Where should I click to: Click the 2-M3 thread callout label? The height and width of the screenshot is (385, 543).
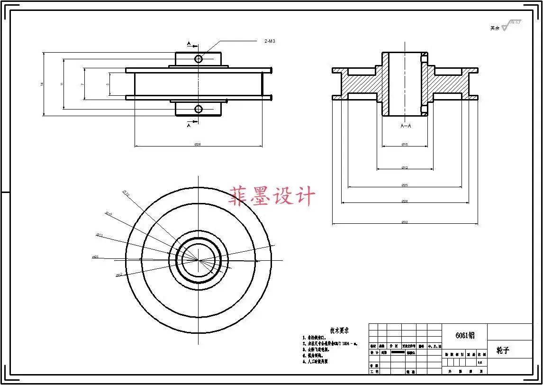[270, 41]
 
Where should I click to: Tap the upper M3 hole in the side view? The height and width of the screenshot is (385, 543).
[199, 58]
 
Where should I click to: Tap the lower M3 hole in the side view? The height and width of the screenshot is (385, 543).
[199, 110]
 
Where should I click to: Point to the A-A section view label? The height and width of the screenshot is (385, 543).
[406, 126]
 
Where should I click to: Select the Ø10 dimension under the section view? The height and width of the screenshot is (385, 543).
[405, 144]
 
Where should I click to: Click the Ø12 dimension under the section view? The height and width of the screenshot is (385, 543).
[405, 167]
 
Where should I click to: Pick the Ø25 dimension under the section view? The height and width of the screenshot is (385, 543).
[405, 185]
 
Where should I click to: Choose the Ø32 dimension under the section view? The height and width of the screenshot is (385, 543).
[405, 222]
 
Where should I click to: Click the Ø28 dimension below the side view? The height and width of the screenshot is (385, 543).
[198, 144]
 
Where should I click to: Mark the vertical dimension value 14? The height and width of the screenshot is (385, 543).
[42, 84]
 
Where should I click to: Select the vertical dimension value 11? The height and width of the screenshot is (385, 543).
[62, 84]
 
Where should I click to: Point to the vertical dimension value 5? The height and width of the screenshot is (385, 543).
[108, 84]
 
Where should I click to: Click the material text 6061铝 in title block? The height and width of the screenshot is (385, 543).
[464, 335]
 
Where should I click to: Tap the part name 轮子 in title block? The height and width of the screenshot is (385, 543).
[502, 350]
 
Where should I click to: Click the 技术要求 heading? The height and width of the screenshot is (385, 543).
[339, 330]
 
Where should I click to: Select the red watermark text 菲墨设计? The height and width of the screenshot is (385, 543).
[272, 196]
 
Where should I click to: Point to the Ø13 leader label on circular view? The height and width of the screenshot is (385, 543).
[100, 235]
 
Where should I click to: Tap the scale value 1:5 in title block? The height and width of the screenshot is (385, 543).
[480, 363]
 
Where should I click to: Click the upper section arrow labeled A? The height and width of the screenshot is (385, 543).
[190, 44]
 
